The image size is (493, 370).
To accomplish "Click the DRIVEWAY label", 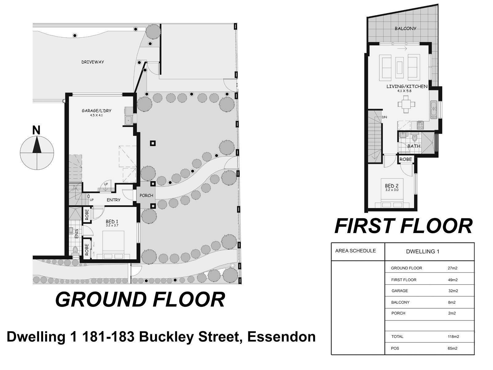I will [93, 62].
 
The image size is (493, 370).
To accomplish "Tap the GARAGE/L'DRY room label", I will [96, 111].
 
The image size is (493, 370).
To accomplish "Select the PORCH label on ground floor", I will [146, 195].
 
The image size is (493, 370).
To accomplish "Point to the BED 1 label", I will [112, 221].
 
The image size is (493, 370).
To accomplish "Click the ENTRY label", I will [113, 200].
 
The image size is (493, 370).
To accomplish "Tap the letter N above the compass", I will [36, 130].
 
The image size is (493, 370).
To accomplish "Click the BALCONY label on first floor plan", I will [405, 28].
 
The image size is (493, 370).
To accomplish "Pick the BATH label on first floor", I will [414, 146].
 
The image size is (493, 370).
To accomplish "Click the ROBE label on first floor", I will [406, 159].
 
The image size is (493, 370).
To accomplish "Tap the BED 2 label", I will [392, 186].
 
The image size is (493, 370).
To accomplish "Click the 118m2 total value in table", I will [453, 337].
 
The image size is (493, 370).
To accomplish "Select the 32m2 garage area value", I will [453, 291].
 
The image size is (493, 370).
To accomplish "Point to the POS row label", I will [395, 348].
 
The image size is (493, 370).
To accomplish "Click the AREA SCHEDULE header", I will [355, 251].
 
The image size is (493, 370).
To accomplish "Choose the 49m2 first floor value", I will [452, 280].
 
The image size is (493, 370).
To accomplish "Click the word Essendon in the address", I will [282, 337].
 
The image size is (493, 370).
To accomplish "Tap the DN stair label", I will [384, 117].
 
